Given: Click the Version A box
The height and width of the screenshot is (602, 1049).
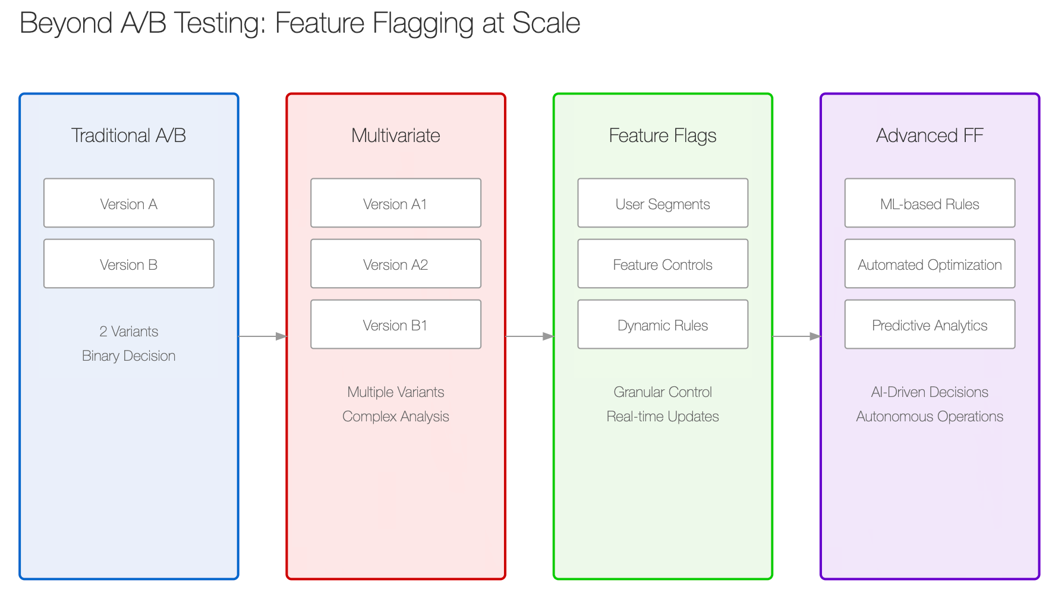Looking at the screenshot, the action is tap(129, 203).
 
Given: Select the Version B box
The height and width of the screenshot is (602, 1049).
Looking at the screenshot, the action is tap(129, 263).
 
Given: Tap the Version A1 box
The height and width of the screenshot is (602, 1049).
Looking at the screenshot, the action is tap(396, 203).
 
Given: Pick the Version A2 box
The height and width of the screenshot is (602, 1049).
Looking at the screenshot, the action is tap(396, 263).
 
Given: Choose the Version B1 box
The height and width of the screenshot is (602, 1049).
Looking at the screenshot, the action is tap(396, 324).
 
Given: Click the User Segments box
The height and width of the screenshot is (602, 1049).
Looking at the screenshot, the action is tap(663, 203).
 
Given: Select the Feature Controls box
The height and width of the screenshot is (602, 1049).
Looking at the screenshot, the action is tap(663, 263).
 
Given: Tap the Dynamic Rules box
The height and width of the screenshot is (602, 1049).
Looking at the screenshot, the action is tap(663, 324).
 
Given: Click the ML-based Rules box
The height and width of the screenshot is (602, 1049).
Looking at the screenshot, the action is tap(930, 203).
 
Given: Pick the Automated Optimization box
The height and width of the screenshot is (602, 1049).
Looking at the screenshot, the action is tap(930, 263).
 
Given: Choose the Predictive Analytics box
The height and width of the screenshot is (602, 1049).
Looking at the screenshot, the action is tap(930, 324).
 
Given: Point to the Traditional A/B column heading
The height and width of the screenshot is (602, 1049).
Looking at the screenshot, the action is tap(129, 135).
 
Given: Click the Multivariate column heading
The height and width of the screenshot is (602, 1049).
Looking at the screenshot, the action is tap(396, 135).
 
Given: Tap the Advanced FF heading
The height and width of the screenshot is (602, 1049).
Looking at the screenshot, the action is tap(930, 135).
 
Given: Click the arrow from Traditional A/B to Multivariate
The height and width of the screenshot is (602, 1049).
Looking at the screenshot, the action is tap(263, 336).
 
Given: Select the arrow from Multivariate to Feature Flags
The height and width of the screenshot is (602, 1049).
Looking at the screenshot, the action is tap(530, 336).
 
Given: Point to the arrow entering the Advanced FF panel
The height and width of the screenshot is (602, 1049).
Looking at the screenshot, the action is tap(796, 336).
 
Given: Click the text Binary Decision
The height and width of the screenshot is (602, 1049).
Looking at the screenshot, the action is tap(129, 356).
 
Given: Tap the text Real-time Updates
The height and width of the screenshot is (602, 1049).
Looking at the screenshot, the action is tap(663, 417).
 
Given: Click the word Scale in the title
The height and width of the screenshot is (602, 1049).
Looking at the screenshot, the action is tap(546, 23).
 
